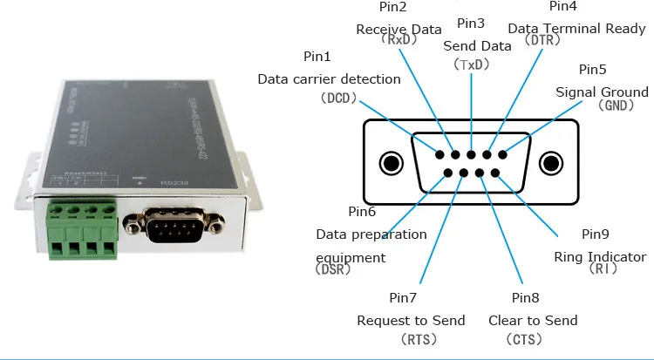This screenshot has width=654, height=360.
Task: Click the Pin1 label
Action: click(317, 57)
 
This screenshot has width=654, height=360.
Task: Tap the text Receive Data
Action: click(399, 29)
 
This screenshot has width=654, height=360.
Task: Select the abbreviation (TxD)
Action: click(472, 64)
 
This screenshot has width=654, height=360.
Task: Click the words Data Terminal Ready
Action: click(576, 29)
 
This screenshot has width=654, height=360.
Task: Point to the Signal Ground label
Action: click(602, 92)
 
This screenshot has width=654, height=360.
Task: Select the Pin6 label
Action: click(362, 212)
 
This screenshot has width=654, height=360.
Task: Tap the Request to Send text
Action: click(411, 320)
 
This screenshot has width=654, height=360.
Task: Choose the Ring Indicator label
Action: click(600, 257)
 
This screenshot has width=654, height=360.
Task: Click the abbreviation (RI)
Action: click(601, 269)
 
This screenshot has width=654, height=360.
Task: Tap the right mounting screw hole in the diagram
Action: click(551, 163)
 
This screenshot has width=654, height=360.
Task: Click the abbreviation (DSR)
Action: click(334, 270)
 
